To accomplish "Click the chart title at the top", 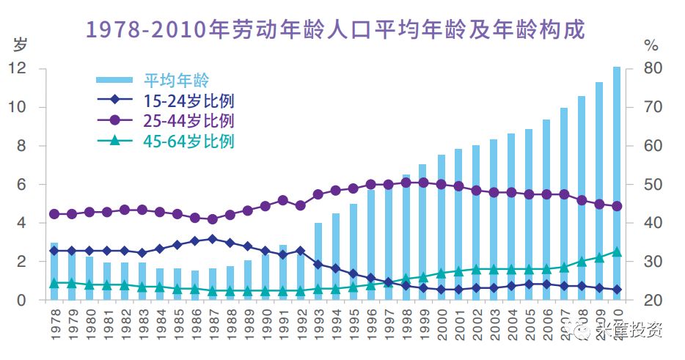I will point(337,30).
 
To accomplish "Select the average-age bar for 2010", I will point(617,183).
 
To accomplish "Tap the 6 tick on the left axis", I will point(22,185).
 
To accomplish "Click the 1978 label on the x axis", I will point(54,323).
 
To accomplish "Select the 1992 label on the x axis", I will point(301,323).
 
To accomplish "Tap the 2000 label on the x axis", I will point(442,323).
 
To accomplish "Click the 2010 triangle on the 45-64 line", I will point(617,251).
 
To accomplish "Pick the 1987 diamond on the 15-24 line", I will point(213,239).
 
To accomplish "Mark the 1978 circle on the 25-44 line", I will point(54,214).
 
